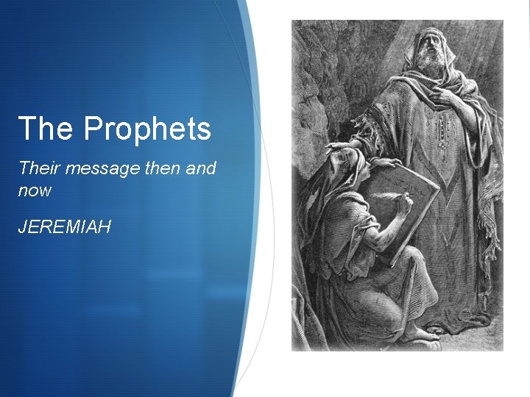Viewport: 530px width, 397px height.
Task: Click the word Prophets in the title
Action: tap(147, 129)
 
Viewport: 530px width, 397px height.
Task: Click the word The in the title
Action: tap(47, 129)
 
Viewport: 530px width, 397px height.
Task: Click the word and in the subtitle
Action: tap(201, 168)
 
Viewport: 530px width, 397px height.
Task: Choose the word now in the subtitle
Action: tap(35, 190)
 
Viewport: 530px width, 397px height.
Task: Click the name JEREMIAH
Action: tap(65, 226)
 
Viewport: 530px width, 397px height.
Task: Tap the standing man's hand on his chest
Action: tap(446, 95)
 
